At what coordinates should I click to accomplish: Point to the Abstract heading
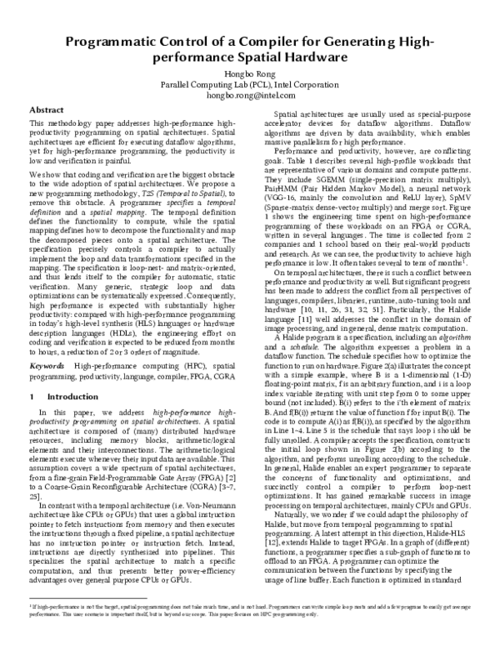coord(47,111)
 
